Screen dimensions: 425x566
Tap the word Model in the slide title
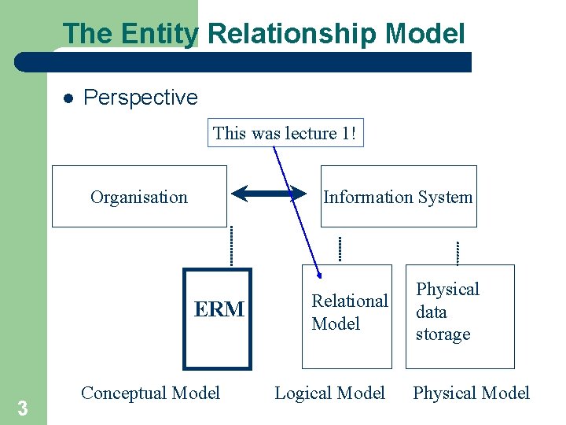coord(425,34)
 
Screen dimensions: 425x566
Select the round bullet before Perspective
coord(68,98)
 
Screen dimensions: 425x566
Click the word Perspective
coord(141,98)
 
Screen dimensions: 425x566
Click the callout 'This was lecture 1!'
coord(286,133)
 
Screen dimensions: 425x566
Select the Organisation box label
coord(139,197)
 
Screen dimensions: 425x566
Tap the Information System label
coord(398,197)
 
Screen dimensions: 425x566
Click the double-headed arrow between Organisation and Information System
coord(268,193)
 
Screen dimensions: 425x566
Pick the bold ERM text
coord(219,310)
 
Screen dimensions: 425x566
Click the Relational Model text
coord(349,312)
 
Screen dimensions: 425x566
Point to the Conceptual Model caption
coord(150,393)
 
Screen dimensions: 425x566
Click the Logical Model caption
coord(329,393)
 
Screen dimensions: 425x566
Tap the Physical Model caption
coord(471,393)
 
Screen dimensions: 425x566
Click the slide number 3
coord(23,408)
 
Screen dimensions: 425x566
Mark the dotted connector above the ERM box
coord(232,246)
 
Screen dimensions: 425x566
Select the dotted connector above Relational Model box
coord(340,249)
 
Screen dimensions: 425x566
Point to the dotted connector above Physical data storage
coord(457,252)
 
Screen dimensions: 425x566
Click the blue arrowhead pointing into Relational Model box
coord(318,275)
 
